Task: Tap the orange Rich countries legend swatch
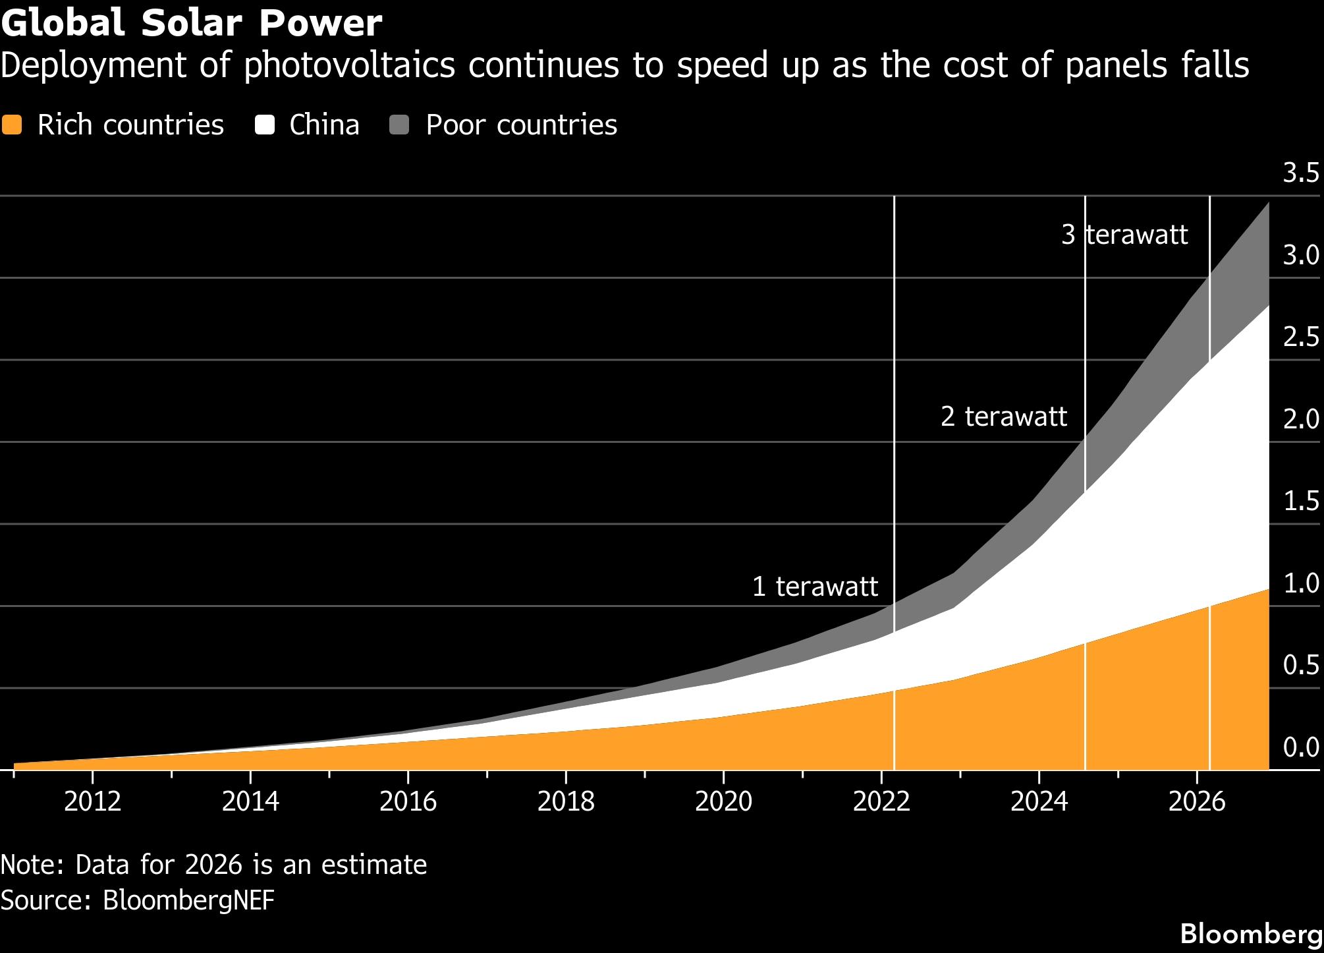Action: click(x=12, y=125)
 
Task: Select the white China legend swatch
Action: click(x=265, y=125)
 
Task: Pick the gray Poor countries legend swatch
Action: click(x=399, y=125)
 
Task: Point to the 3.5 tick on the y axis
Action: click(x=1301, y=173)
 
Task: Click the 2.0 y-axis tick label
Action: click(x=1301, y=419)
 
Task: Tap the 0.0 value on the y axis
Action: click(x=1301, y=747)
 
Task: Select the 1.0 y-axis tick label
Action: click(x=1301, y=583)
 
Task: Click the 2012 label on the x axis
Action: click(x=93, y=801)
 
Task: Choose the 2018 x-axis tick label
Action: click(x=566, y=801)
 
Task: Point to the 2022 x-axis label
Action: click(x=881, y=801)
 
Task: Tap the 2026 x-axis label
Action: click(x=1197, y=801)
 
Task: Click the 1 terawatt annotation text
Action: click(x=815, y=586)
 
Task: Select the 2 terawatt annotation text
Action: click(x=1004, y=417)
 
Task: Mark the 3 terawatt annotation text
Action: click(x=1125, y=235)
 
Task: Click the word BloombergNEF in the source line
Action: click(x=188, y=900)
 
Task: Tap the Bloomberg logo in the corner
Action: click(x=1252, y=934)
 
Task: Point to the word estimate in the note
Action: click(x=374, y=865)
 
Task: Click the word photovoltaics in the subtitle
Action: click(x=350, y=66)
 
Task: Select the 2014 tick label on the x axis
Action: click(x=250, y=801)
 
